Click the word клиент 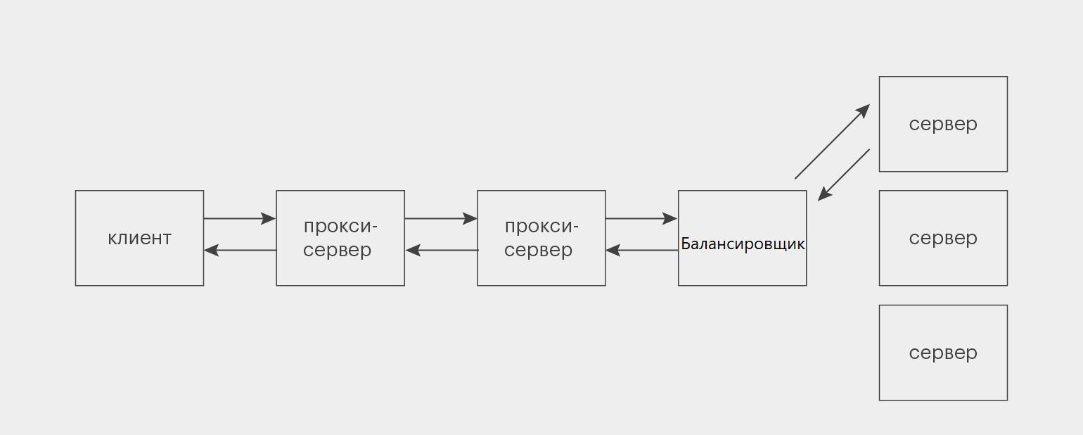(139, 238)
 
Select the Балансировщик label (743, 244)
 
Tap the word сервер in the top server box (943, 125)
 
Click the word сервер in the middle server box (943, 238)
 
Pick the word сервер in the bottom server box (943, 353)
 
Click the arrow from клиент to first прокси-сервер (240, 219)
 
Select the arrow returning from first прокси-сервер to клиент (240, 250)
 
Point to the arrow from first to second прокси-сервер (441, 219)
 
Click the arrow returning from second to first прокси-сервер (442, 250)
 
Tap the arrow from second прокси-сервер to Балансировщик (641, 219)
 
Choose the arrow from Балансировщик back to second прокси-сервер (642, 250)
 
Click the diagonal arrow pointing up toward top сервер (832, 141)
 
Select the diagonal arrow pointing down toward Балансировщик (844, 175)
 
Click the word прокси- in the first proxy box (340, 227)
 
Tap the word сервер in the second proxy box (538, 250)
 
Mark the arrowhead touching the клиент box (211, 250)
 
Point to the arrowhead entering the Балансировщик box (670, 219)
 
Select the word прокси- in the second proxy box (541, 227)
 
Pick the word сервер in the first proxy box (337, 250)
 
